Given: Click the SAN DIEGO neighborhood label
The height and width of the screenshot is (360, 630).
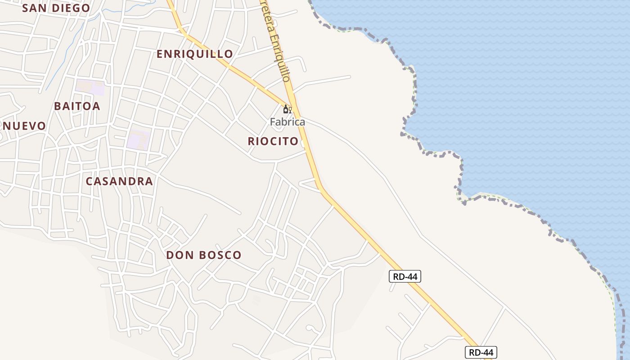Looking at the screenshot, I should tap(56, 8).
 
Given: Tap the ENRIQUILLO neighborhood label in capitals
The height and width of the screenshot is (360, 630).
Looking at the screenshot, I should tap(194, 54).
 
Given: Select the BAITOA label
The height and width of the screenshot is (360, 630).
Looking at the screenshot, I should tap(77, 106).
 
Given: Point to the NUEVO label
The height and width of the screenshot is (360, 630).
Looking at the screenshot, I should tap(24, 126).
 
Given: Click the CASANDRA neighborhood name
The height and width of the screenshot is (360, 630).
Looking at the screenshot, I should tap(119, 181).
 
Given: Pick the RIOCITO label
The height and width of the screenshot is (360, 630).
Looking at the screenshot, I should tap(273, 141).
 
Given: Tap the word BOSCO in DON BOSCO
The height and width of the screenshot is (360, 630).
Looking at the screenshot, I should tap(220, 255).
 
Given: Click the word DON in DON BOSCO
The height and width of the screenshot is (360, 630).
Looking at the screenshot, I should tap(180, 255).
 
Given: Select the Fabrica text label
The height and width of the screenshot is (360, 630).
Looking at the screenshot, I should tap(287, 122).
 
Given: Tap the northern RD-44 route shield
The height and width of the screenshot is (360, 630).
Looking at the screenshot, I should tap(405, 276).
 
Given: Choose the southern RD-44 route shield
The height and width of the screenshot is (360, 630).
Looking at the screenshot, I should tap(481, 352).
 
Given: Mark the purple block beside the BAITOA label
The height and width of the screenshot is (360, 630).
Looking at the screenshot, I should tap(90, 87).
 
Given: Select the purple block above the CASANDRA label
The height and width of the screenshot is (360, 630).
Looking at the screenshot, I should tap(138, 139).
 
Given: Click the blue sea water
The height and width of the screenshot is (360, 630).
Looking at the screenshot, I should tap(517, 90).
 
